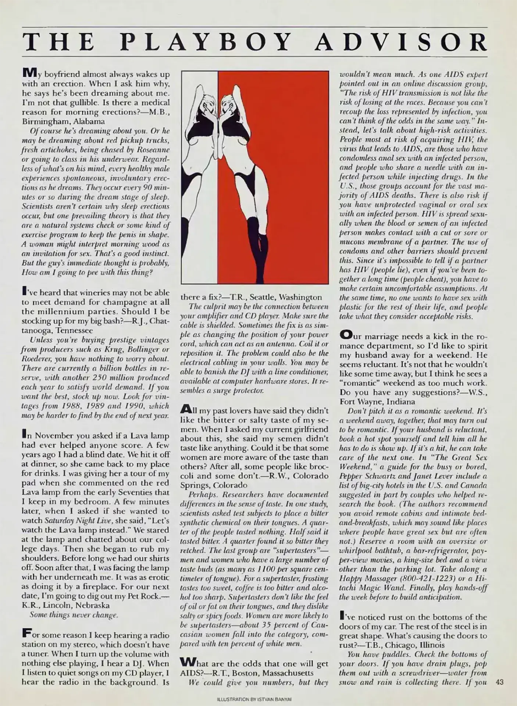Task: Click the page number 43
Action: point(499,682)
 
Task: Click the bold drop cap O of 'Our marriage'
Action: point(346,335)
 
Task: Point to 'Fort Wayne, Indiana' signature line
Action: point(377,402)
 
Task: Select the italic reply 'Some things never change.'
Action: point(74,615)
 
